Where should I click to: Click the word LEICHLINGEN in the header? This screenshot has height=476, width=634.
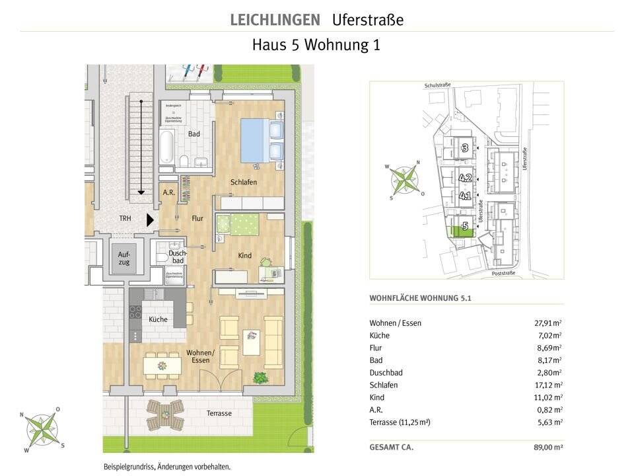[275, 20]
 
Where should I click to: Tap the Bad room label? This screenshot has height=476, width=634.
[194, 134]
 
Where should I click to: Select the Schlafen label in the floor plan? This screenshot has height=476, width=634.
[243, 182]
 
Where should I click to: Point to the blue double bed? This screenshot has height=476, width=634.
[262, 140]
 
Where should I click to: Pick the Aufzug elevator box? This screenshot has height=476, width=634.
[124, 258]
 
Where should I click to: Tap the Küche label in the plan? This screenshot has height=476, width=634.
[158, 319]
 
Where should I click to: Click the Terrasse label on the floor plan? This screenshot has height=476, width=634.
[219, 413]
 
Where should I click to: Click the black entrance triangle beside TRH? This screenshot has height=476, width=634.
[150, 219]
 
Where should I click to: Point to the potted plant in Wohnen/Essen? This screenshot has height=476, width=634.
[261, 378]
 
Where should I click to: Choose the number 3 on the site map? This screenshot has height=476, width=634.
[464, 148]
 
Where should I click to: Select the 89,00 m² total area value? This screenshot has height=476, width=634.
[547, 448]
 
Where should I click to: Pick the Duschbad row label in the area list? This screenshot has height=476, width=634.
[386, 373]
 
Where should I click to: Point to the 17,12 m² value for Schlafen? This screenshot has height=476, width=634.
[548, 385]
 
